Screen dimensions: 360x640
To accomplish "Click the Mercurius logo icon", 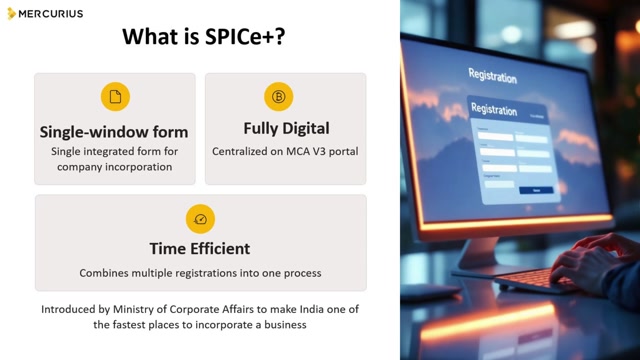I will (x=12, y=14).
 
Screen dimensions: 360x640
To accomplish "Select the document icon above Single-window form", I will (x=114, y=97).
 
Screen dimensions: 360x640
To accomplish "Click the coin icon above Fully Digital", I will (x=278, y=97).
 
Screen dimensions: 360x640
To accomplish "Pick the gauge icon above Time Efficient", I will (x=200, y=219).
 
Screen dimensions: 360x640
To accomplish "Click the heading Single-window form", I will (x=114, y=131).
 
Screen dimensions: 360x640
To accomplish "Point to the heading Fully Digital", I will (x=286, y=129).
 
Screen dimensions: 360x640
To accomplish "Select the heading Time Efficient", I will (x=200, y=248).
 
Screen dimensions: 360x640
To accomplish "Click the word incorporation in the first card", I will (x=137, y=167).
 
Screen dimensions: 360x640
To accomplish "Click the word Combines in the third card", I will (x=107, y=272).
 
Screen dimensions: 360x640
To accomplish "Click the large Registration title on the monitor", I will (x=492, y=77).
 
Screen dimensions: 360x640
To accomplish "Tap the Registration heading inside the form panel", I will (x=493, y=110).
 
